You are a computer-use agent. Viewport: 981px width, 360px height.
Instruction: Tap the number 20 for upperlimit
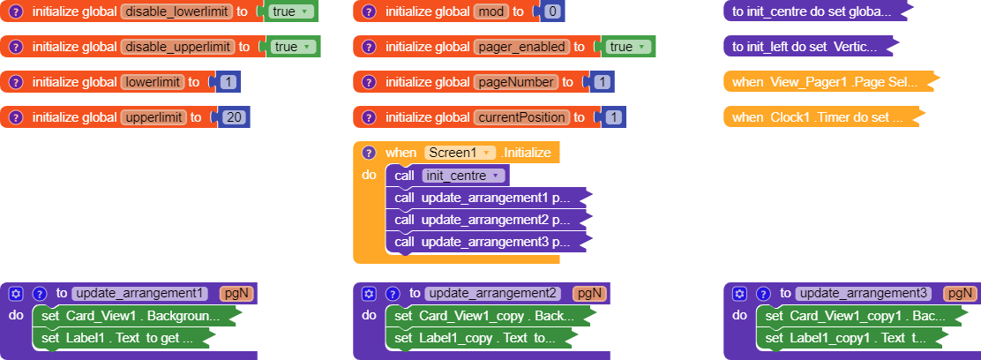[234, 117]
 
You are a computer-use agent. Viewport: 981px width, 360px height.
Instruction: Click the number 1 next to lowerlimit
[228, 82]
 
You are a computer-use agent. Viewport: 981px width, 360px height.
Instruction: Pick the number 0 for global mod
[552, 12]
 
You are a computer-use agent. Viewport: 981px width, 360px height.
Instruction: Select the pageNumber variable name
[515, 82]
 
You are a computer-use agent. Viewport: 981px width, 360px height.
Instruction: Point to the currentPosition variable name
[522, 117]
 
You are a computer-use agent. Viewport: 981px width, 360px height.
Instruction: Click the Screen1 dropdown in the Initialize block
[459, 153]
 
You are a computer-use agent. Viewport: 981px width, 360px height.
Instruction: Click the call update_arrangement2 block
[485, 220]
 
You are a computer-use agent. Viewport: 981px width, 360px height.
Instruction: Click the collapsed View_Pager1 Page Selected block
[826, 82]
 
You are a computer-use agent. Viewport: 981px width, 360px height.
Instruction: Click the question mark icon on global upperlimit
[15, 117]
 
